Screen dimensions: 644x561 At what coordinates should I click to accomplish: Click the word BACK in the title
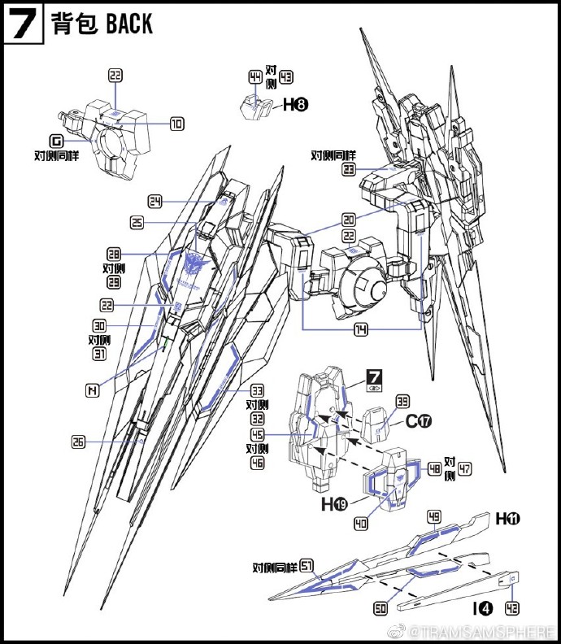(x=129, y=24)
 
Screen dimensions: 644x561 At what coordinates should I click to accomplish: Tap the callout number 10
(x=176, y=124)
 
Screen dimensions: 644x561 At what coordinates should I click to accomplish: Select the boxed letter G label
(x=55, y=140)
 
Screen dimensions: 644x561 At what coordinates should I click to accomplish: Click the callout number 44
(x=255, y=77)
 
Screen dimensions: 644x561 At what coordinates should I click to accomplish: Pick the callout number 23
(x=349, y=169)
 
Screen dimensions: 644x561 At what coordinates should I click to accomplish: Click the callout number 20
(x=349, y=220)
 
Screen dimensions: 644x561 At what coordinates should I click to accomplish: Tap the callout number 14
(x=360, y=330)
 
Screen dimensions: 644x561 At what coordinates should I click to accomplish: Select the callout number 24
(x=156, y=201)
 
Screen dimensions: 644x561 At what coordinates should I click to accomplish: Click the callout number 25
(x=137, y=222)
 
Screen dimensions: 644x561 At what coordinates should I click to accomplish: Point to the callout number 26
(x=78, y=442)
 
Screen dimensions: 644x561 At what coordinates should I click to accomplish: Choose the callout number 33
(x=258, y=389)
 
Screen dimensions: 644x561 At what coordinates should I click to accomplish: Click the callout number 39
(x=403, y=401)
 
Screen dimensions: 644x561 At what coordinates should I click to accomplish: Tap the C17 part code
(x=417, y=421)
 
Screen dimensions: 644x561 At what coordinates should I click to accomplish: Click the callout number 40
(x=361, y=524)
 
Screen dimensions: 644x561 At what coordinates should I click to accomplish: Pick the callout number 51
(x=307, y=566)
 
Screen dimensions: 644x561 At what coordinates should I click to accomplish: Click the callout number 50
(x=379, y=608)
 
